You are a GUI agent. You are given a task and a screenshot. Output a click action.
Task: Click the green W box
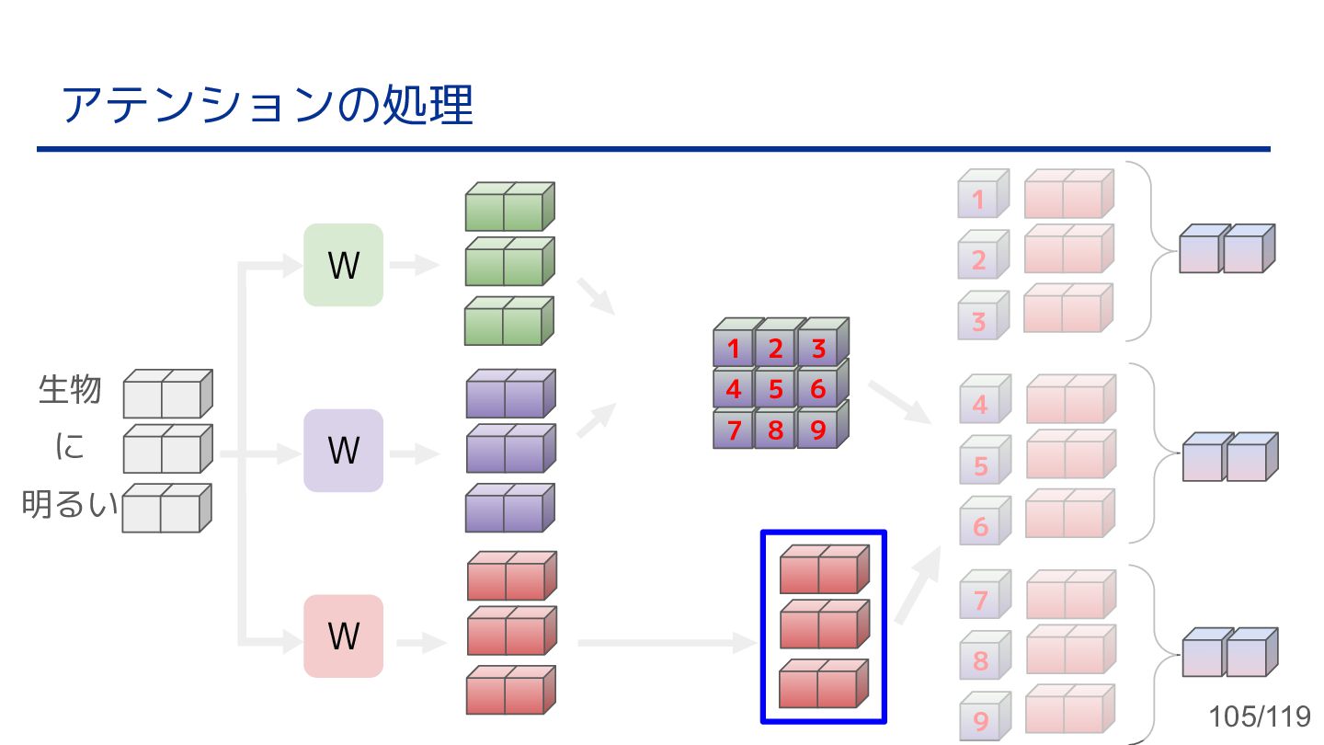343,265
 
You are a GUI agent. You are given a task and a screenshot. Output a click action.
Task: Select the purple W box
343,451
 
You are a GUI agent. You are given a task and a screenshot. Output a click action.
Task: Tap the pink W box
343,636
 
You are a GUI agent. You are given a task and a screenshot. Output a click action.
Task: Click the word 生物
70,389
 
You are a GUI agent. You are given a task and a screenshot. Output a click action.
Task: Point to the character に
70,447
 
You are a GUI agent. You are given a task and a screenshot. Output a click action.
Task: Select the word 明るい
70,504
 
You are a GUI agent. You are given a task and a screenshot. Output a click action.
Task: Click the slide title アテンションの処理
267,105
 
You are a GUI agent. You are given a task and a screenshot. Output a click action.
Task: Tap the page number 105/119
1259,716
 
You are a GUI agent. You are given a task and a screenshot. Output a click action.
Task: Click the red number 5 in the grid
775,390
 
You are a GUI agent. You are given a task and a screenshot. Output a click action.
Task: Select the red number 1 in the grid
733,350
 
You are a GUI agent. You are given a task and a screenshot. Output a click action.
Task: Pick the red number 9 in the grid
818,430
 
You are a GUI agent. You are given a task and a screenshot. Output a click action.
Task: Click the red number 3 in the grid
818,350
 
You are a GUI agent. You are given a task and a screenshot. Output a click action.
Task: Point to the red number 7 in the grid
733,430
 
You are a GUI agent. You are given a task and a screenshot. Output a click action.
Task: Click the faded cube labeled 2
980,258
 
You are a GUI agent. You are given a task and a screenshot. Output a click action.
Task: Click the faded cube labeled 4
981,403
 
